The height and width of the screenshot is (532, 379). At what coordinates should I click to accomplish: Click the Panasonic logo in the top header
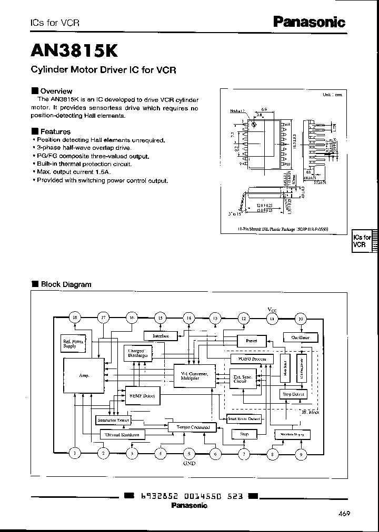pos(309,22)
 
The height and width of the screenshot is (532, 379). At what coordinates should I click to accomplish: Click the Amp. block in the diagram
pos(84,376)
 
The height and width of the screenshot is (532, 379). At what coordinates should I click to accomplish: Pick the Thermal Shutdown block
pos(123,435)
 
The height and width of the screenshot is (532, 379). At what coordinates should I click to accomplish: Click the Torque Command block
pos(193,427)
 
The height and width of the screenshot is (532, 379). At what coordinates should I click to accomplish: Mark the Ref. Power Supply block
pos(74,344)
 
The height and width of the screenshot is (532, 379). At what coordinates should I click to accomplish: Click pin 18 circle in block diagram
pos(75,318)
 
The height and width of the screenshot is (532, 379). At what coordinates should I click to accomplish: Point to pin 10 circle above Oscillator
pos(301,319)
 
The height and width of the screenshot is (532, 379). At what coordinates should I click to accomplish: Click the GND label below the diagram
pos(188,464)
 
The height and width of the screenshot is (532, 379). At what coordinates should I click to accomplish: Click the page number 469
pos(344,514)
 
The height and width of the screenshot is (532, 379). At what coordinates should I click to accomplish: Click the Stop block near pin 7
pos(244,434)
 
